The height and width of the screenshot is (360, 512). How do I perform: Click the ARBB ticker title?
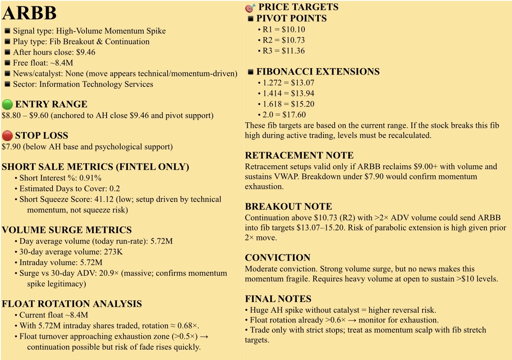pyautogui.click(x=29, y=14)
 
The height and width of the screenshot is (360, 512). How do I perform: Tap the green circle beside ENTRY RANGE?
pyautogui.click(x=7, y=104)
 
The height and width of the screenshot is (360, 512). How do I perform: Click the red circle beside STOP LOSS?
pyautogui.click(x=7, y=136)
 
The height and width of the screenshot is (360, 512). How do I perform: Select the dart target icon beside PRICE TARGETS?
pyautogui.click(x=250, y=7)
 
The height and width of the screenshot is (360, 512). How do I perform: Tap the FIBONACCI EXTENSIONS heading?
pyautogui.click(x=318, y=72)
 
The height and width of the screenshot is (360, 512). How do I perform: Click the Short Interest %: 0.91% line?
pyautogui.click(x=60, y=178)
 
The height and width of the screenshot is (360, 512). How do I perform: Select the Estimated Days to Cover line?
pyautogui.click(x=69, y=189)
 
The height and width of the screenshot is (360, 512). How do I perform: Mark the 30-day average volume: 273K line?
pyautogui.click(x=71, y=252)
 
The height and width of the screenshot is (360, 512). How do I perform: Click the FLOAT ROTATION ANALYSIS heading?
pyautogui.click(x=72, y=304)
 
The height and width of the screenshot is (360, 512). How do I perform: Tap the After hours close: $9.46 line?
pyautogui.click(x=54, y=52)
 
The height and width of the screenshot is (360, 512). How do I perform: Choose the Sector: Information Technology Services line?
pyautogui.click(x=83, y=84)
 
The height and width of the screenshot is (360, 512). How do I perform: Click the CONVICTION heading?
pyautogui.click(x=278, y=258)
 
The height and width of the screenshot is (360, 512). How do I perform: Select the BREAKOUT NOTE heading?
pyautogui.click(x=288, y=207)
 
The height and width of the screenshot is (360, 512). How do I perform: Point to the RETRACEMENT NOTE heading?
pyautogui.click(x=299, y=156)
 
